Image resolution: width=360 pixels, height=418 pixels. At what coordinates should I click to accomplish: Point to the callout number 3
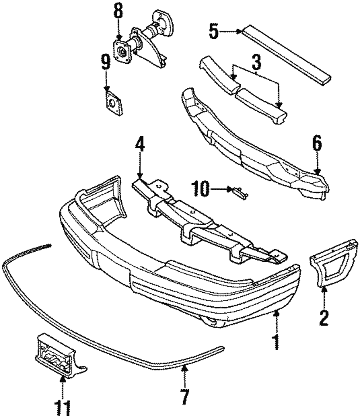256,63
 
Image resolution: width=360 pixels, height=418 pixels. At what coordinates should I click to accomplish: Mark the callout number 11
62,408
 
